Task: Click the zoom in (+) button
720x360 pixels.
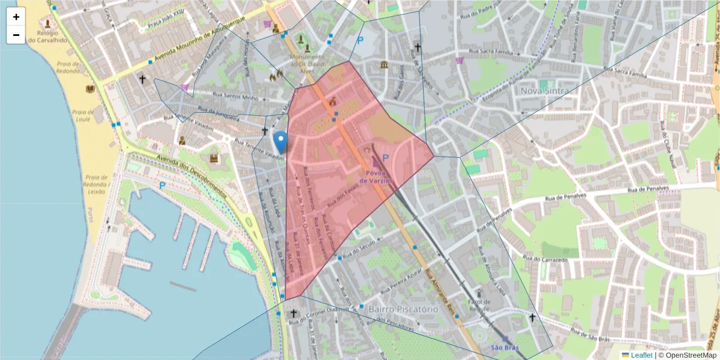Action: click(x=16, y=17)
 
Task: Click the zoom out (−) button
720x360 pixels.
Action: click(x=16, y=35)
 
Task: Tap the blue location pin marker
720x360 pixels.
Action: click(x=280, y=142)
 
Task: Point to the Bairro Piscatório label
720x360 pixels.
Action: click(x=395, y=309)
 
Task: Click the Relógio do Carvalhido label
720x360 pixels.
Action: click(x=49, y=37)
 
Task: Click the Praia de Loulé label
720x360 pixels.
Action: click(x=80, y=115)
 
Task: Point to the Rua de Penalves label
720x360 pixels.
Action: click(x=648, y=189)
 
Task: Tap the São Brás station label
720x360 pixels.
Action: click(x=504, y=347)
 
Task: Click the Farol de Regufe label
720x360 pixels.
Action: click(x=479, y=305)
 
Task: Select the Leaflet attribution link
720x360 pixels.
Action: click(x=637, y=355)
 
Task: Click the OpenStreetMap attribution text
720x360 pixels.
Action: click(x=691, y=355)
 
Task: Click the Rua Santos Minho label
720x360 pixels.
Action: click(x=237, y=97)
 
